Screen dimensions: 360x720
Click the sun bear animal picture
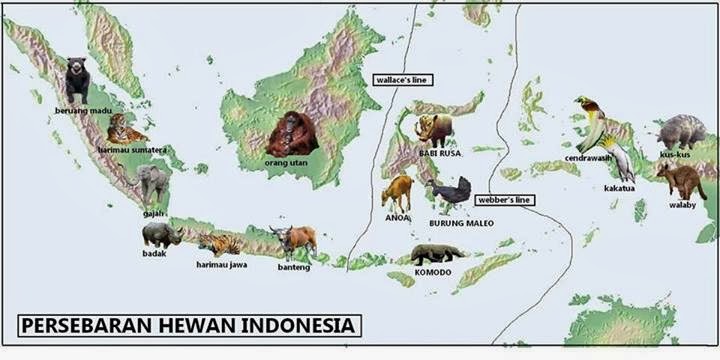pos(77,80)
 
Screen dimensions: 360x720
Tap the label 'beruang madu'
pos(83,109)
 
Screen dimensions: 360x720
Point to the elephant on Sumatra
pos(152,183)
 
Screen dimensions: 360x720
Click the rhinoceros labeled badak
pos(160,235)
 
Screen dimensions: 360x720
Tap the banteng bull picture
pos(294,241)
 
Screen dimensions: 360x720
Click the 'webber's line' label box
pos(504,200)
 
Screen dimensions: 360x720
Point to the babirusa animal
pos(435,129)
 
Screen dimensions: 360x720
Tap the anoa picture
pos(397,192)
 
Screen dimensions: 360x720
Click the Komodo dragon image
pos(436,254)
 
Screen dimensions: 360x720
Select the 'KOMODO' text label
pos(432,272)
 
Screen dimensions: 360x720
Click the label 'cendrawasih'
pos(587,158)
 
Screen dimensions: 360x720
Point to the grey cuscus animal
pos(683,131)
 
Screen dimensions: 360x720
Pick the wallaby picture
pos(682,181)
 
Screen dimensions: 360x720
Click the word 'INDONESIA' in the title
pos(301,325)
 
